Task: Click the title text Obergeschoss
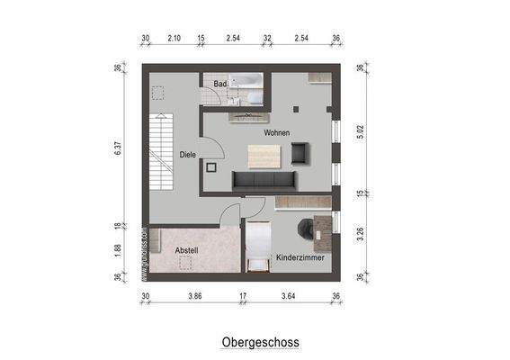pos(260,342)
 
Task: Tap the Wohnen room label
pos(276,132)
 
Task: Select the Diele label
pos(188,154)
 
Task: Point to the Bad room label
pos(219,85)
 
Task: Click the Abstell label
pos(187,250)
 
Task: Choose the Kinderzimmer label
pos(300,257)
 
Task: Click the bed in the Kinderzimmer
pos(258,246)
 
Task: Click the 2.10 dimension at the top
pos(174,39)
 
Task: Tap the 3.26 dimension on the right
pos(360,237)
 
